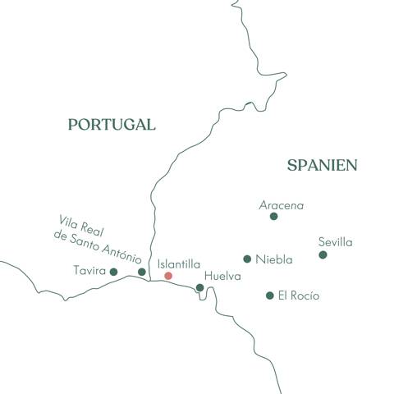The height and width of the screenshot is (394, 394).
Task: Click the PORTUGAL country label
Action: pyautogui.click(x=111, y=125)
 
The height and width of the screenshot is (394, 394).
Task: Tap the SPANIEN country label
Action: pyautogui.click(x=322, y=166)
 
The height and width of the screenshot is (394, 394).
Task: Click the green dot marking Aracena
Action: pyautogui.click(x=274, y=217)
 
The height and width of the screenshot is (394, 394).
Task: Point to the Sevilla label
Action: pyautogui.click(x=335, y=242)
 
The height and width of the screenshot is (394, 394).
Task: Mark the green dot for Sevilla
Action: pyautogui.click(x=323, y=255)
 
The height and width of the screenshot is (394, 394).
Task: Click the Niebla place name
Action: pyautogui.click(x=273, y=259)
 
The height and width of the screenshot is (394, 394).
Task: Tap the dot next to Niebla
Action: pyautogui.click(x=247, y=259)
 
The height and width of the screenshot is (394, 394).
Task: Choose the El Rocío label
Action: pyautogui.click(x=298, y=295)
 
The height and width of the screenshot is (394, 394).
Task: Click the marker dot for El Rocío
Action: pyautogui.click(x=269, y=295)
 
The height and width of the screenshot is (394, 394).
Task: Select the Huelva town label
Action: pyautogui.click(x=222, y=277)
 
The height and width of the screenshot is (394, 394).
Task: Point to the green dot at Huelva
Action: pyautogui.click(x=199, y=287)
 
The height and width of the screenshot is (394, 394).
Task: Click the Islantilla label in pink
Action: pyautogui.click(x=178, y=264)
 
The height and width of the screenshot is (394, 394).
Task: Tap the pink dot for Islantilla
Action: pyautogui.click(x=168, y=276)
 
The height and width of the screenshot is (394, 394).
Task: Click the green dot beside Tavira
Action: pyautogui.click(x=113, y=272)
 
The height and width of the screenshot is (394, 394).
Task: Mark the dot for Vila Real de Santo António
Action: pyautogui.click(x=141, y=272)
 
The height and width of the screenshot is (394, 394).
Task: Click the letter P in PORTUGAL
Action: pyautogui.click(x=73, y=125)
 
